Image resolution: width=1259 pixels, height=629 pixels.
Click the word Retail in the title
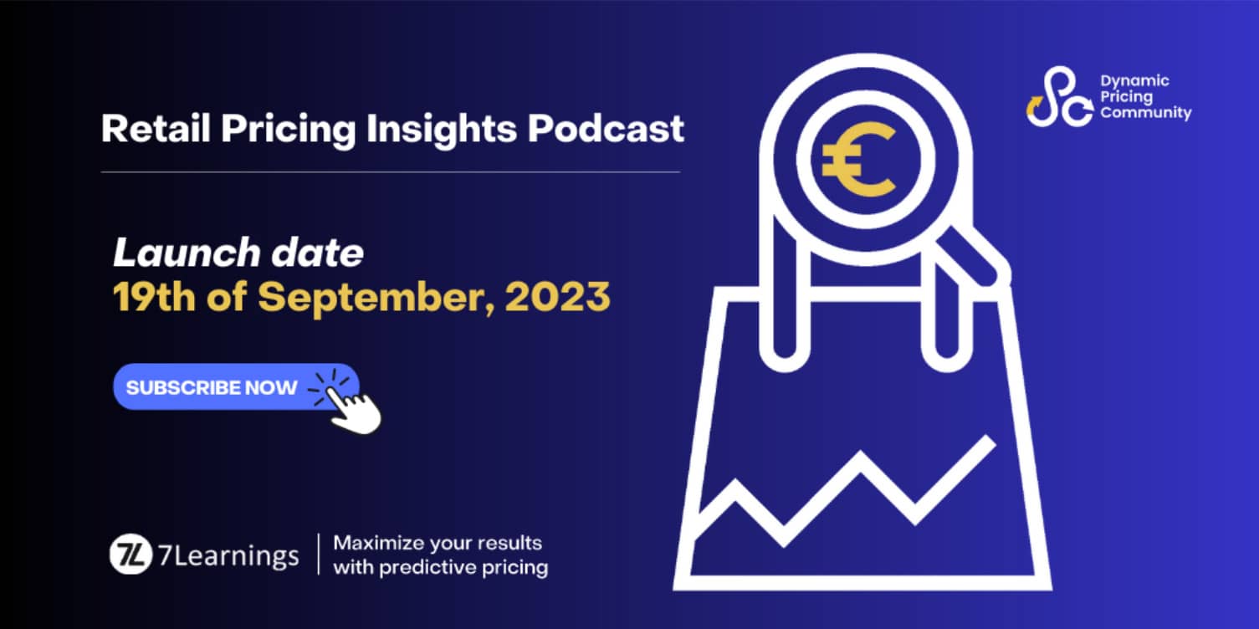(156, 128)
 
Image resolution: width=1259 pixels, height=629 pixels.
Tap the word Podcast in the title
(606, 128)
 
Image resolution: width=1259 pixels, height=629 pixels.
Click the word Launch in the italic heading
(187, 252)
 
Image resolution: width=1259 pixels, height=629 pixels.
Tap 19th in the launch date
(154, 296)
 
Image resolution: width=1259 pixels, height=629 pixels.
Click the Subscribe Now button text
(212, 387)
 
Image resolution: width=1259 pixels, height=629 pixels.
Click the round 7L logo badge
(131, 554)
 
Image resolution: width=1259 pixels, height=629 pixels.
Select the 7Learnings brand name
(228, 556)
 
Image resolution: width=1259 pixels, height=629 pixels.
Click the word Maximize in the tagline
(378, 543)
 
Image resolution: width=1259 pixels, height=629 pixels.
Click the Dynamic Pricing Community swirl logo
(1059, 97)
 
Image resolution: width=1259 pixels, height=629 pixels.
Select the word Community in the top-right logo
(1145, 113)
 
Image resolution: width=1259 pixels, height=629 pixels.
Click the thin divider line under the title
(391, 171)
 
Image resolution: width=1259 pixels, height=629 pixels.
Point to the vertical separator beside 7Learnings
(319, 555)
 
